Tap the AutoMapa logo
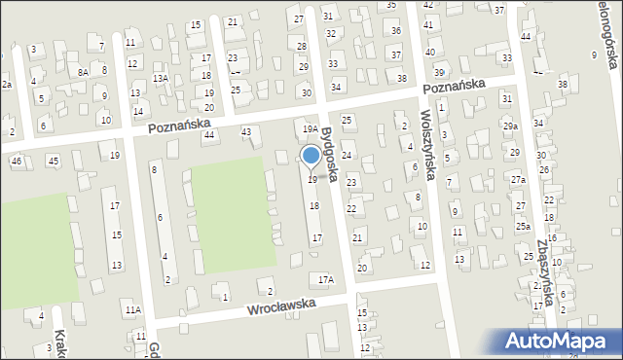click(x=561, y=341)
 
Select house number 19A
click(x=311, y=128)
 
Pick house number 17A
click(x=326, y=279)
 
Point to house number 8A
click(x=84, y=72)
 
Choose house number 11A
click(x=132, y=309)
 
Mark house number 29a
click(x=510, y=126)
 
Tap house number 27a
click(x=520, y=180)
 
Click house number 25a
click(x=523, y=226)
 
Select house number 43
click(x=246, y=131)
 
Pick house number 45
click(x=53, y=161)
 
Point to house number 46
click(x=17, y=161)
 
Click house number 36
click(x=396, y=31)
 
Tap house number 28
click(x=302, y=46)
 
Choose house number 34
click(x=336, y=87)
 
